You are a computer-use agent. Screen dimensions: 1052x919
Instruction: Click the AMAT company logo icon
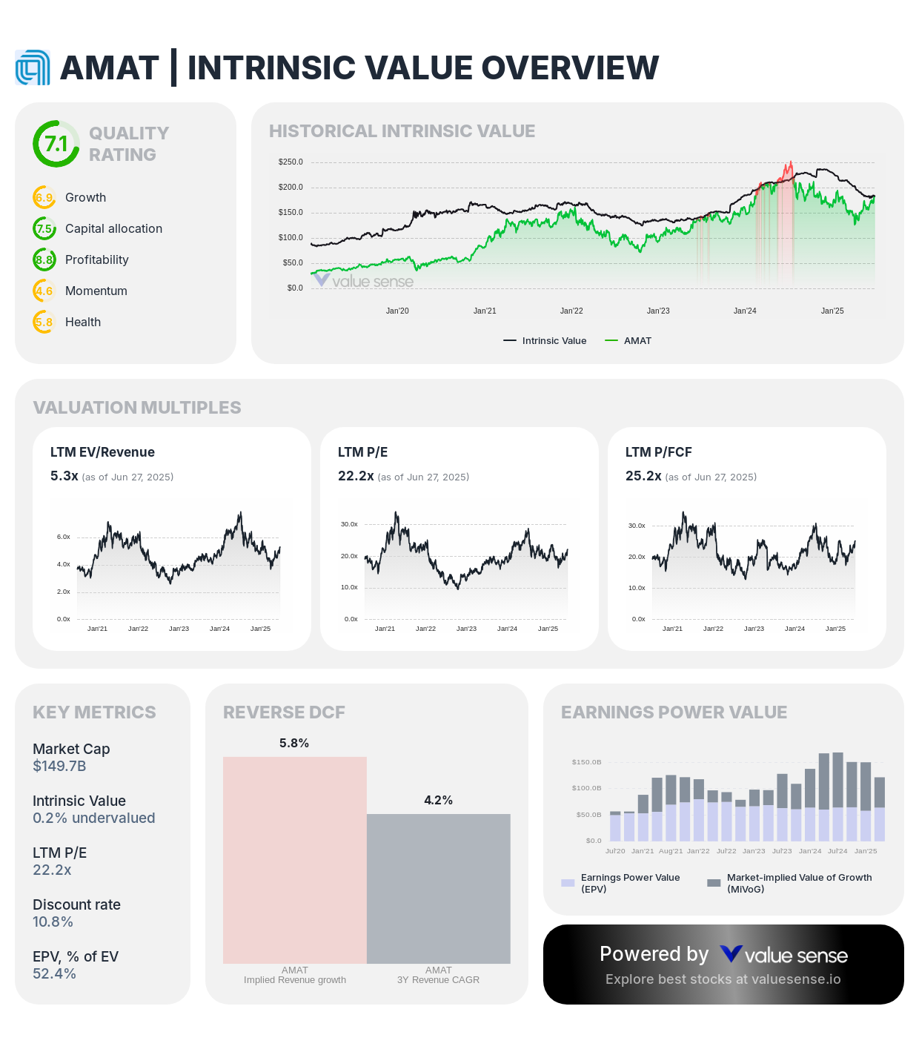(x=33, y=68)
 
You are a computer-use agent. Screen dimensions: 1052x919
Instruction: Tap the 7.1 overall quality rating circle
(x=56, y=144)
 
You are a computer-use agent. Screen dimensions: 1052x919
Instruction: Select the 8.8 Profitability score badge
(x=44, y=260)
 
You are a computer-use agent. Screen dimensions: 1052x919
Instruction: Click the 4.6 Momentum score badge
(x=44, y=291)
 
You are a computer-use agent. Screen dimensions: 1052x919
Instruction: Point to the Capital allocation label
(x=113, y=229)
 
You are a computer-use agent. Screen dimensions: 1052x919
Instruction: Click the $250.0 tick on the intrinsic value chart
(x=291, y=162)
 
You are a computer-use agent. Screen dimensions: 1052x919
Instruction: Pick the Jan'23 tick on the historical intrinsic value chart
(x=658, y=311)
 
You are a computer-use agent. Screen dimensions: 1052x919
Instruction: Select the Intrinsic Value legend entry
(x=545, y=341)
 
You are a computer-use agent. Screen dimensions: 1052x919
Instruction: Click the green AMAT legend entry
(x=628, y=341)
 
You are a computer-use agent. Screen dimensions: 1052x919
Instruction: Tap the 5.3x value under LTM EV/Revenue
(x=64, y=476)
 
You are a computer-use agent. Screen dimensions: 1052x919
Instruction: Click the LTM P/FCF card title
(x=658, y=452)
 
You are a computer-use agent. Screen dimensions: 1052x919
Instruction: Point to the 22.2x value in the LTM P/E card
(x=356, y=476)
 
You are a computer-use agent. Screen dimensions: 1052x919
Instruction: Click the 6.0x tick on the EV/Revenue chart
(x=64, y=537)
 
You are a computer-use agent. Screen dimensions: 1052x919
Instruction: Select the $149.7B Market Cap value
(x=59, y=767)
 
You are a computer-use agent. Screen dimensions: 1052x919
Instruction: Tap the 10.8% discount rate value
(x=53, y=922)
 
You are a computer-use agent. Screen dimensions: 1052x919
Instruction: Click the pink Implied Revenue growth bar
(x=295, y=860)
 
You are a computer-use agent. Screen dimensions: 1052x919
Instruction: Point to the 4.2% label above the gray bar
(x=438, y=801)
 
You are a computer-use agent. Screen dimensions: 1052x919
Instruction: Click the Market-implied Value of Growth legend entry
(x=791, y=883)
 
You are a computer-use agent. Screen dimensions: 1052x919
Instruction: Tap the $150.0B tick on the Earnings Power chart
(x=586, y=762)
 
